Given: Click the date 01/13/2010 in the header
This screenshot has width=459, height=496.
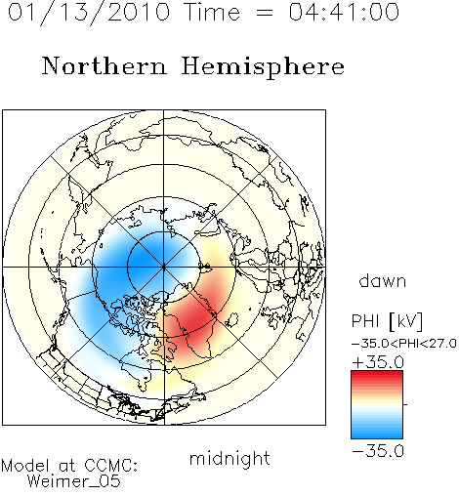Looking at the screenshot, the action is (89, 13).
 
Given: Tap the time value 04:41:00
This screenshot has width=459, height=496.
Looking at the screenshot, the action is (344, 13).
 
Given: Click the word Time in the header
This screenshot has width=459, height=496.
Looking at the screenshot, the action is (212, 13).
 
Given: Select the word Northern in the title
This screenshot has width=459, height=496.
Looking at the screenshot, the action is (104, 66).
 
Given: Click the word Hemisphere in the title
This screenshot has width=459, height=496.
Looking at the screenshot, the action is (263, 67).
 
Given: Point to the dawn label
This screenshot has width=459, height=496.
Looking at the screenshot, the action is (382, 280).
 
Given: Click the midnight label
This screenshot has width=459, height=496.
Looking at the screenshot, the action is (229, 458).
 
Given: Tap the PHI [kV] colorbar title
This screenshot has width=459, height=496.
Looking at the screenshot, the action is (387, 321).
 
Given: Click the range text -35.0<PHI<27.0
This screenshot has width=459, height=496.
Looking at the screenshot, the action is (403, 344).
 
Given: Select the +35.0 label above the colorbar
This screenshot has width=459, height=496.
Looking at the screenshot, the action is (378, 362).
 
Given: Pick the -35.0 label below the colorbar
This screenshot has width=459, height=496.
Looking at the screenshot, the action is (378, 451).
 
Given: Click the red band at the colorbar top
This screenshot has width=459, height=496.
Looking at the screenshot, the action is (377, 375).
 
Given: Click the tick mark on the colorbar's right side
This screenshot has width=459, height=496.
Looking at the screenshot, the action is (405, 404).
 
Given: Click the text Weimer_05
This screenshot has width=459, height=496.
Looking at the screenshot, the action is (73, 481).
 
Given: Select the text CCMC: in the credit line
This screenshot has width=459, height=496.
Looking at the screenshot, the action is (110, 466).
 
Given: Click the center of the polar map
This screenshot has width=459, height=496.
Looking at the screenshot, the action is (164, 268).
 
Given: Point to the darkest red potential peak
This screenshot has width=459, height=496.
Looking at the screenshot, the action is (195, 320).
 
